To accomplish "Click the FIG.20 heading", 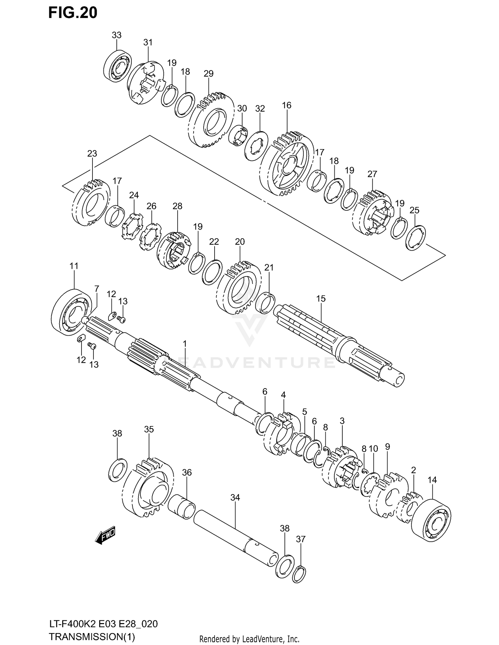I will tap(73, 13).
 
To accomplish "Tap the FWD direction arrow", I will tap(105, 535).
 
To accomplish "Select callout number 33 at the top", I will tap(116, 35).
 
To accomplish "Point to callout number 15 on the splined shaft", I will tap(321, 299).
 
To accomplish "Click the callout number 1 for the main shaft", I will tap(185, 343).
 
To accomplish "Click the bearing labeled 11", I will tap(72, 310).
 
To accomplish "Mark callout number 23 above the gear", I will tap(92, 154).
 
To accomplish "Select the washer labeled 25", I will tap(416, 238).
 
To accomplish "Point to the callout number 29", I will tap(208, 73).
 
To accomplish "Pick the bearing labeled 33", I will tap(117, 66).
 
